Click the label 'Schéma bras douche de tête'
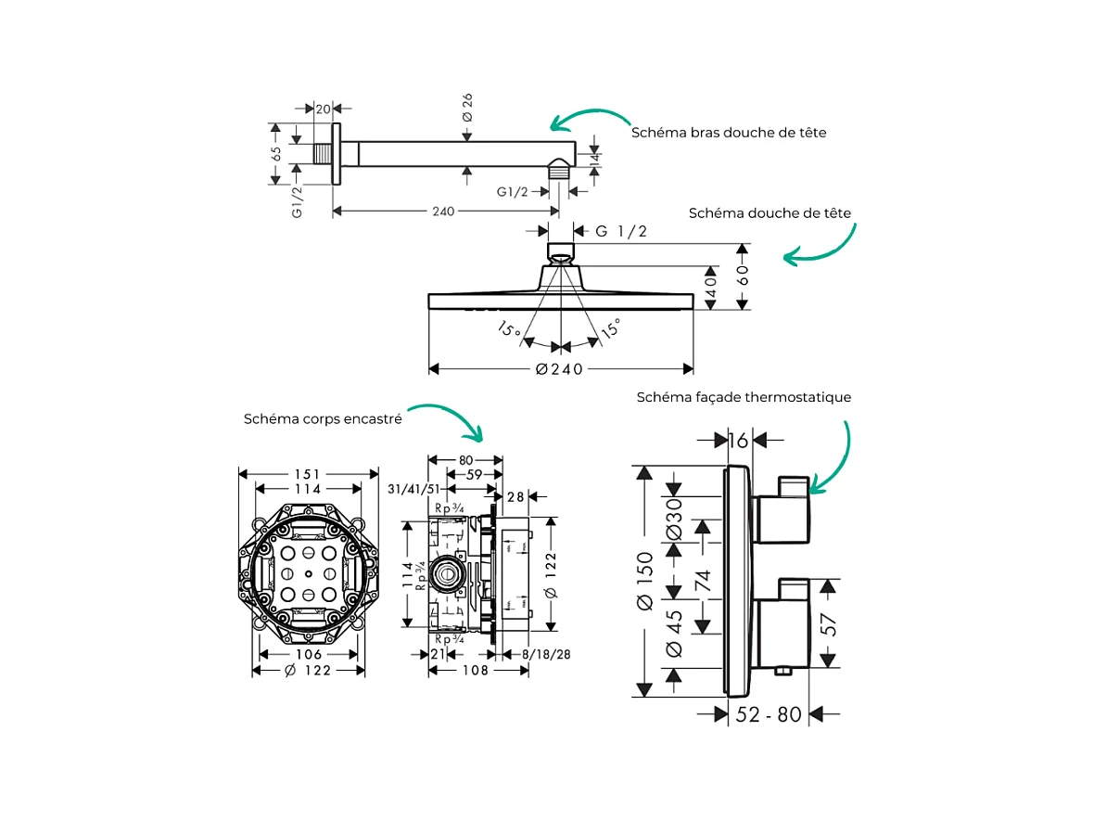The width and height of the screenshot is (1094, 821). coord(729,133)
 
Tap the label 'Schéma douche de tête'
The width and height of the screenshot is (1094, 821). coord(770,213)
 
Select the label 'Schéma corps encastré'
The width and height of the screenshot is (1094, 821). coord(323,419)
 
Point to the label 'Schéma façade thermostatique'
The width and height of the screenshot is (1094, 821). coord(744,397)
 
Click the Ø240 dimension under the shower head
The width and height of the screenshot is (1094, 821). coord(559,369)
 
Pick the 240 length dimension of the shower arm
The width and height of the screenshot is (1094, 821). coord(443,212)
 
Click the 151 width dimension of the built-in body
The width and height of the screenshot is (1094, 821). coord(309,474)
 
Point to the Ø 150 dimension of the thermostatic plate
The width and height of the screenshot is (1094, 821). coord(644,581)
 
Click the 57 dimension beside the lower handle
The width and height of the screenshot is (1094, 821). coord(831,623)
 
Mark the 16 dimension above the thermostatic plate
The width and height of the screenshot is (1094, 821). coord(738,441)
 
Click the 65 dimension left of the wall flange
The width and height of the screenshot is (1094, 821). coord(276,154)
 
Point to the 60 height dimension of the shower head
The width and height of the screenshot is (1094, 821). coord(744,276)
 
